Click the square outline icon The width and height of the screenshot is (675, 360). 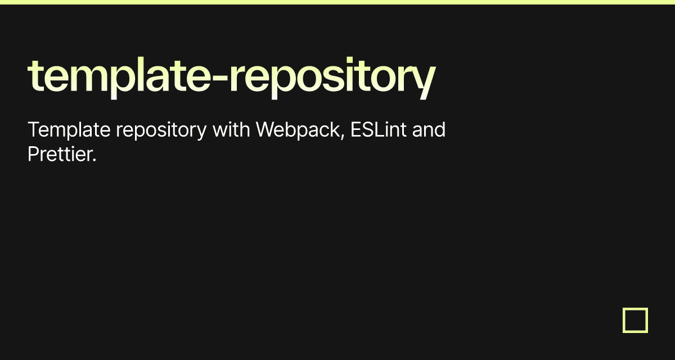(635, 320)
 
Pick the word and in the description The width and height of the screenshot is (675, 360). (429, 130)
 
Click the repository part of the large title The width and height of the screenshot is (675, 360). (332, 78)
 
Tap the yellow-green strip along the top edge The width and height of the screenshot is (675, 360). (337, 2)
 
